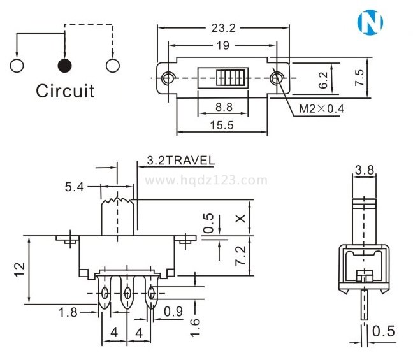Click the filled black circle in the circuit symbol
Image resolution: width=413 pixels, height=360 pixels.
64,65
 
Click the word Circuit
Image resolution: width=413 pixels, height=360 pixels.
65,90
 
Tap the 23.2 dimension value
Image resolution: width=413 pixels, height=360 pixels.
222,28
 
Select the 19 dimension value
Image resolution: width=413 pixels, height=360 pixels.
222,45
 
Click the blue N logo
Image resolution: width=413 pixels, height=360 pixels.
370,23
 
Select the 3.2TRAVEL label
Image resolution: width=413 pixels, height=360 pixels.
180,161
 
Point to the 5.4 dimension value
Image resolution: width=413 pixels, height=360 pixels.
74,187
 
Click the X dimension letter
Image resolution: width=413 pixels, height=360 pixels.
240,218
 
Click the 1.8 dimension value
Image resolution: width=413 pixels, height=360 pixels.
69,312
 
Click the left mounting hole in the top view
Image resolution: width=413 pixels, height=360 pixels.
168,78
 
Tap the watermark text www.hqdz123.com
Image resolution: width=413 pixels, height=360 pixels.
207,180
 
